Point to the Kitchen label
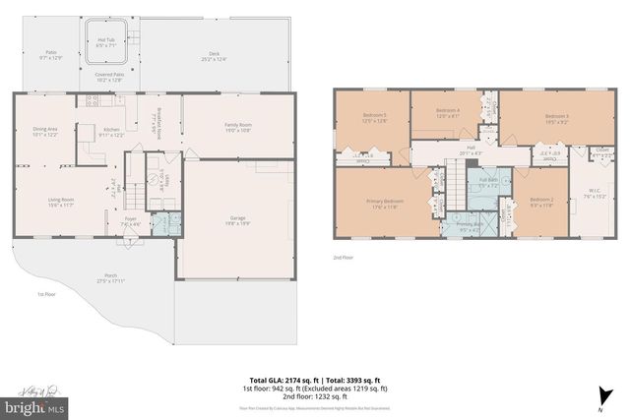click(111, 131)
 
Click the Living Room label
click(61, 203)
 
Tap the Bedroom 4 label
click(448, 112)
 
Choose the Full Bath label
click(488, 181)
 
